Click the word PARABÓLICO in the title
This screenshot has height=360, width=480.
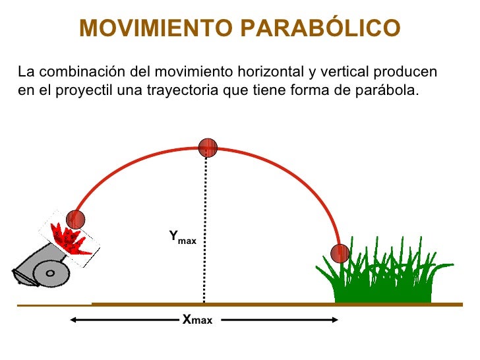[x=318, y=28]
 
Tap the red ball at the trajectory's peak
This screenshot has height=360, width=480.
[x=208, y=148]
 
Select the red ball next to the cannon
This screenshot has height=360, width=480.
[x=76, y=220]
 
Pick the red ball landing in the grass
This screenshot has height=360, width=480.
[x=340, y=253]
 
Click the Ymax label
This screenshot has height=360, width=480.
[x=182, y=237]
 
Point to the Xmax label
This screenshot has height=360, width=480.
[x=197, y=320]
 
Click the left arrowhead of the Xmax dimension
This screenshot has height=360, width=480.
[x=73, y=320]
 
